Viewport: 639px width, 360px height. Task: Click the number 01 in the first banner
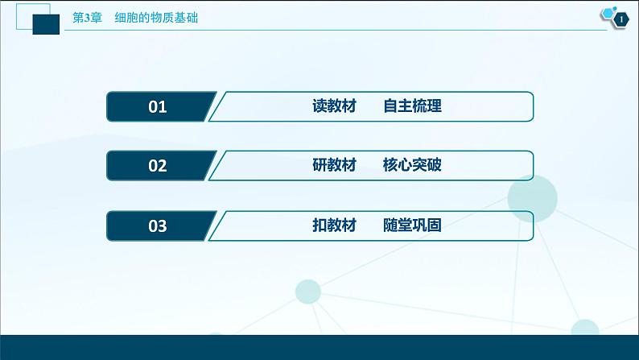[x=158, y=106]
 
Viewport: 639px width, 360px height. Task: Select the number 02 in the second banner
[x=158, y=166]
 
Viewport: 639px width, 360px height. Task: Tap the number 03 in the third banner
[x=158, y=226]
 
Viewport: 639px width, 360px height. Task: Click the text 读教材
[x=333, y=106]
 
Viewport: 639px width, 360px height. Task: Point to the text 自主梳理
[x=413, y=106]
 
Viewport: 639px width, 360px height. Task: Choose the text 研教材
[x=333, y=166]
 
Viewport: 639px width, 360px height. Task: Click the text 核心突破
[x=413, y=166]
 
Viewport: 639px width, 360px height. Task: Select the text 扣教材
[x=333, y=226]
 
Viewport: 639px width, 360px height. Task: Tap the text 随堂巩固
[x=413, y=226]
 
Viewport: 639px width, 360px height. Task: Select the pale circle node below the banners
[x=309, y=292]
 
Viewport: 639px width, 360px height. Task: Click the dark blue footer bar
[x=319, y=347]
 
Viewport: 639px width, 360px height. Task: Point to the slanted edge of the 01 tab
[x=212, y=106]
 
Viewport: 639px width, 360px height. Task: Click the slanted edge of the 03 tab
[x=212, y=226]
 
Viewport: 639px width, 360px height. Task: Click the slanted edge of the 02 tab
[x=212, y=166]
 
